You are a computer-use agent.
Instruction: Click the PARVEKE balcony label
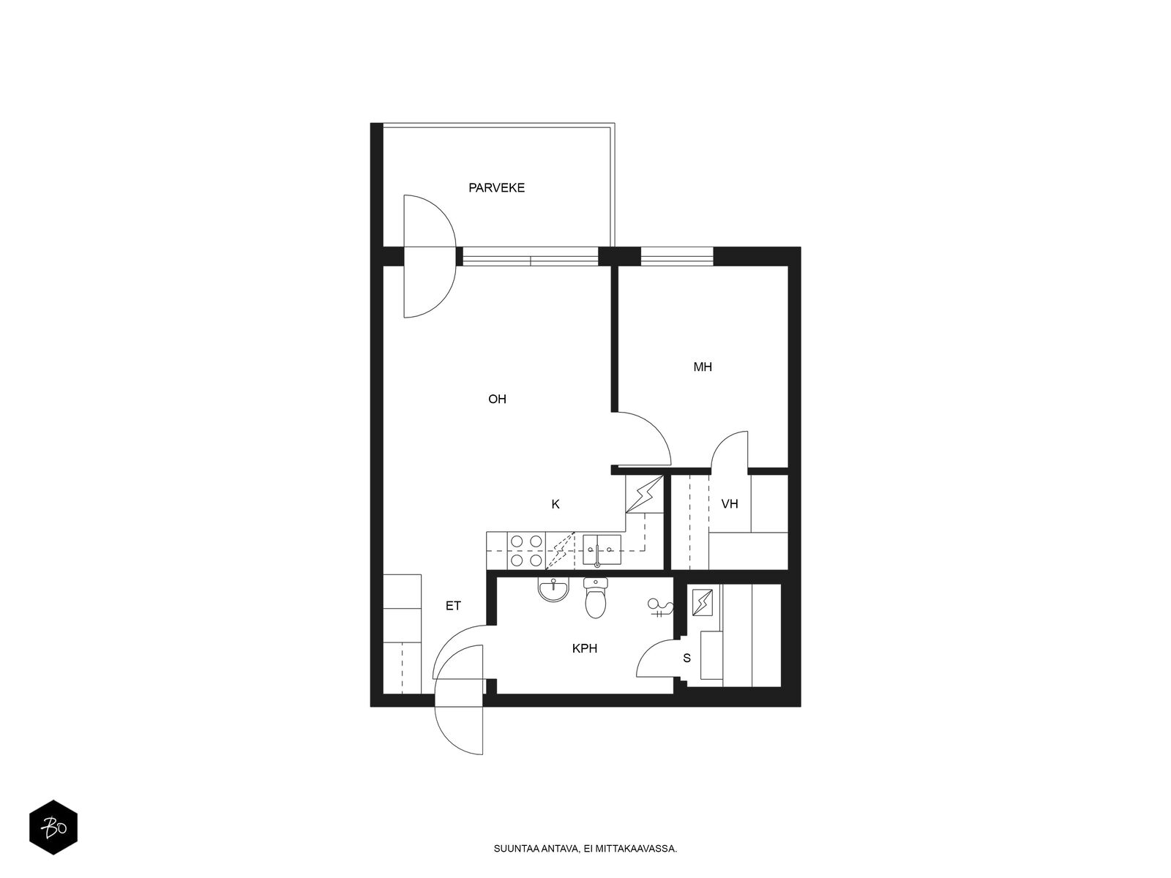click(496, 187)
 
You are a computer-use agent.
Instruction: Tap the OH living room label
click(497, 399)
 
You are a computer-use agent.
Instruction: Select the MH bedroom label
click(702, 367)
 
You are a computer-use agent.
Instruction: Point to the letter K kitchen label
click(555, 504)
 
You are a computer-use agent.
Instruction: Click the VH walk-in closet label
click(729, 504)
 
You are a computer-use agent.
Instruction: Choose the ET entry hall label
click(453, 606)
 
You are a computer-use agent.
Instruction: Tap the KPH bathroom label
click(584, 648)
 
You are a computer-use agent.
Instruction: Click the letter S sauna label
click(686, 658)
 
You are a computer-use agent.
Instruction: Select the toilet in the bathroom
click(595, 598)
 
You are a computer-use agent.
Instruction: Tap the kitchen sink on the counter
click(602, 549)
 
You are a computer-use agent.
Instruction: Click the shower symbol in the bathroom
click(660, 607)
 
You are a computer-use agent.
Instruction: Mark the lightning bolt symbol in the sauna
click(702, 602)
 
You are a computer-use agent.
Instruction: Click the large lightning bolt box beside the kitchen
click(645, 494)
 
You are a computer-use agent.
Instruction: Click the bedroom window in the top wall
click(677, 256)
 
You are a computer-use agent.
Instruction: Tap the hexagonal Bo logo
click(53, 828)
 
